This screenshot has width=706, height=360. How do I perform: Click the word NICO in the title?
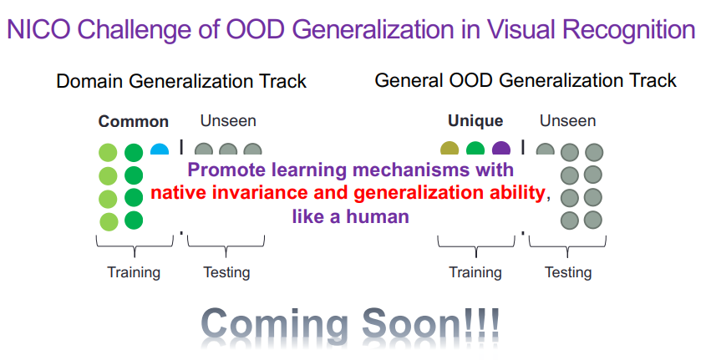38,30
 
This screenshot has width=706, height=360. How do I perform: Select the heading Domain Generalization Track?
181,82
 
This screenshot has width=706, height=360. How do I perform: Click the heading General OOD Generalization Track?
526,80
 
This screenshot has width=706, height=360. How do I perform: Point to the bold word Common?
134,121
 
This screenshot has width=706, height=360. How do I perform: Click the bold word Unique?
475,121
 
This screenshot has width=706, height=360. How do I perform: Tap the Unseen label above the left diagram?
228,120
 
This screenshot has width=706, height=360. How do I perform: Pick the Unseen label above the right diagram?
568,120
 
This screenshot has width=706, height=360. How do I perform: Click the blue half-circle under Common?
160,150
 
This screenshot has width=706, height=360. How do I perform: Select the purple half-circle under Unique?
501,149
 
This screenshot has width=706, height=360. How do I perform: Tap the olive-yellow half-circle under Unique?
450,149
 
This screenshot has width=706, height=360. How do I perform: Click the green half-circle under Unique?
475,149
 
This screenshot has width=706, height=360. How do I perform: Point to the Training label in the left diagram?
134,272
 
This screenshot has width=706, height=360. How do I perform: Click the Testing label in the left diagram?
226,272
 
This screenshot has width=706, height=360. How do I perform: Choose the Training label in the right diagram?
475,272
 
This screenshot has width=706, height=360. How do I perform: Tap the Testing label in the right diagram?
568,272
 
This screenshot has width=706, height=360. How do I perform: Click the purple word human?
378,217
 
